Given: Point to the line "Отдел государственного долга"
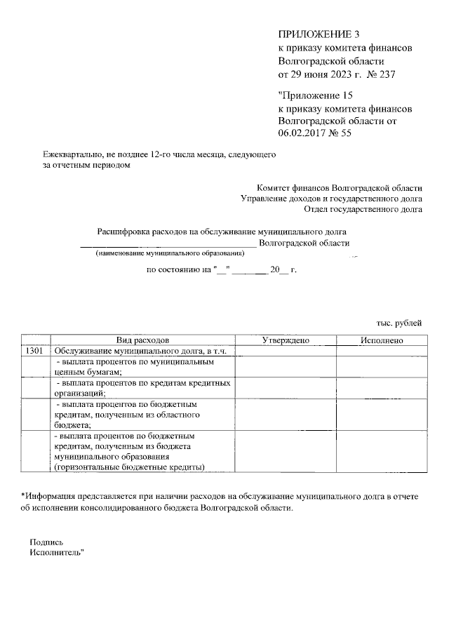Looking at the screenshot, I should click(363, 208).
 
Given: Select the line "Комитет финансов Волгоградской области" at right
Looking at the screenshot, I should click(340, 188).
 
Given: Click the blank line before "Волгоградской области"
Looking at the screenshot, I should click(168, 243).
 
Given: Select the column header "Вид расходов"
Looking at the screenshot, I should click(142, 340).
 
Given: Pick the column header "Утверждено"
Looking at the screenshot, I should click(286, 340).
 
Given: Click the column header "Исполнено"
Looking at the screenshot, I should click(381, 340).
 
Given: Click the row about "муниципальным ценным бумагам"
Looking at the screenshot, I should click(143, 367).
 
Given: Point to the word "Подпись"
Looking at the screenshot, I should click(46, 542).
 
